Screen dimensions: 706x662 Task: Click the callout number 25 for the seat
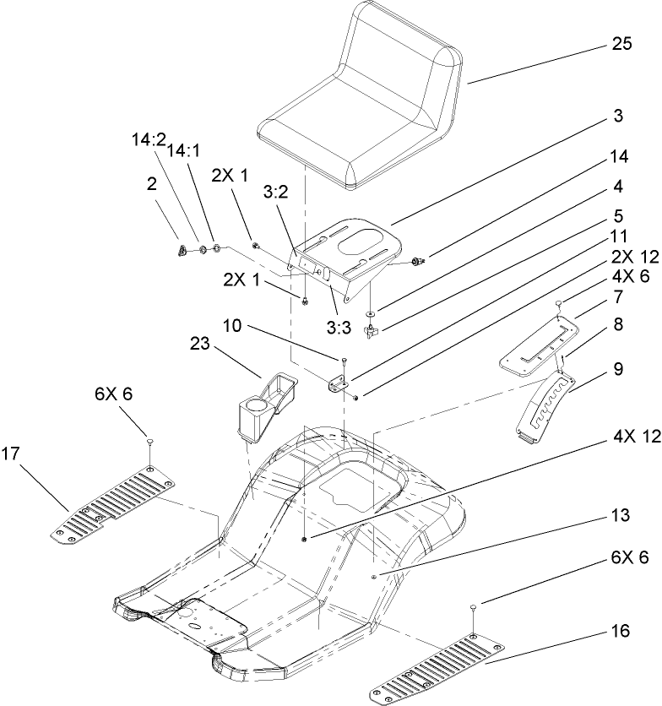pyautogui.click(x=621, y=46)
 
